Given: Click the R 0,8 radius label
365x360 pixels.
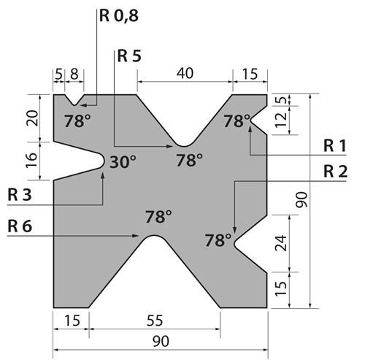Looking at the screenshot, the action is [119, 16].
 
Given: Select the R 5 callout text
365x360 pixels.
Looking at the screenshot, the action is [129, 55].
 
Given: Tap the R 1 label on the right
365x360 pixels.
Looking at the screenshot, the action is [334, 146].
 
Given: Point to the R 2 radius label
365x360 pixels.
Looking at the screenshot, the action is [335, 171].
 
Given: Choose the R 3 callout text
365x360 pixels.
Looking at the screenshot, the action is [20, 195].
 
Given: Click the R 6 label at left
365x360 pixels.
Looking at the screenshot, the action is [20, 226].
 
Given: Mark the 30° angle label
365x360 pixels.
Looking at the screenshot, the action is [123, 162].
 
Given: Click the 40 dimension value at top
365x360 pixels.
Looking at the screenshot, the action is [185, 73].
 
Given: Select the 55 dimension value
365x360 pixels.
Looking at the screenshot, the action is [155, 321].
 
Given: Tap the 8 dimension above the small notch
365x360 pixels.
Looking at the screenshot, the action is [74, 74].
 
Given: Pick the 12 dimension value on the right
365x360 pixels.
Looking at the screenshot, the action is [282, 120].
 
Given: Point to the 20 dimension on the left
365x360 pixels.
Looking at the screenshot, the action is [32, 118].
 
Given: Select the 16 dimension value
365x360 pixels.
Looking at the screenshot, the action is [32, 160].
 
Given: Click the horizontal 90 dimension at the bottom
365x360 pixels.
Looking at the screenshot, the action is [161, 341].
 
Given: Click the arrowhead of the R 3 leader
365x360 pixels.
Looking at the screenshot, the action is [103, 175].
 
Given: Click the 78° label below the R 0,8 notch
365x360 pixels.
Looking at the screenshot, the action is [77, 121].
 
